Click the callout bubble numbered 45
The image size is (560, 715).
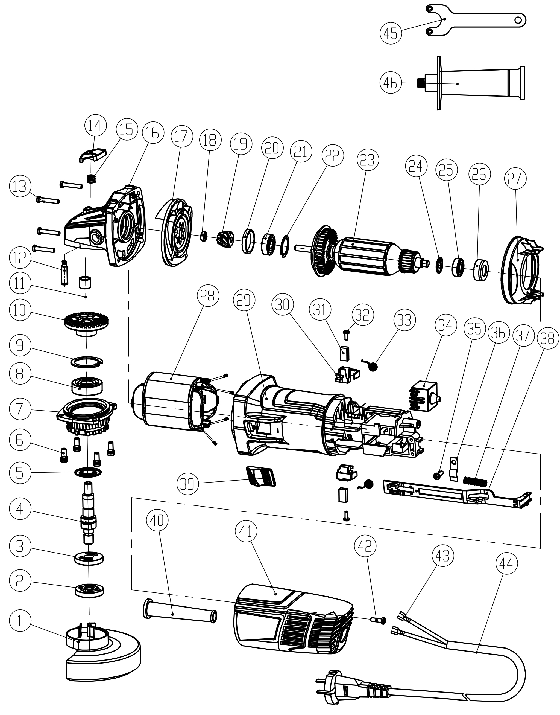pos(391,33)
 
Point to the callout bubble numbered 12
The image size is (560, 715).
pos(20,258)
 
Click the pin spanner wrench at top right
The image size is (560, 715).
pos(475,20)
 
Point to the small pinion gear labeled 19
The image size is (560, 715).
pos(225,238)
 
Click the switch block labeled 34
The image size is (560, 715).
pos(425,396)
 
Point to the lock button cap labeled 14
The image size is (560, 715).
pos(93,155)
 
